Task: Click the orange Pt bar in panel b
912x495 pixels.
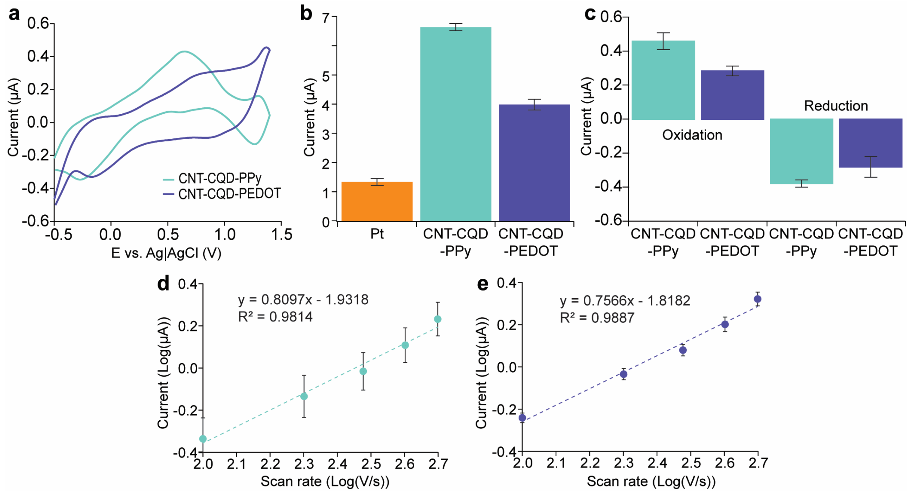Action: coord(377,202)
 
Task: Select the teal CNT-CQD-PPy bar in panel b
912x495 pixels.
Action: coord(455,124)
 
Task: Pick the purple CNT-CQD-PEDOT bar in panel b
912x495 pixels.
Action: coord(534,163)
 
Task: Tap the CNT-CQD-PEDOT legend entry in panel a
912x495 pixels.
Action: coord(229,194)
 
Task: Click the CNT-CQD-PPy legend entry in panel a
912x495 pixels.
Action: coord(219,178)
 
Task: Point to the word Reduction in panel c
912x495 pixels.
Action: coord(836,106)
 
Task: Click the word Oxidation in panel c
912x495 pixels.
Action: coord(692,135)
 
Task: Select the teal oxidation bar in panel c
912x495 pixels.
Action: coord(663,80)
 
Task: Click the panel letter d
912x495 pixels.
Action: coord(163,284)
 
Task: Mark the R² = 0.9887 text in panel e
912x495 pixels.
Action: coord(597,318)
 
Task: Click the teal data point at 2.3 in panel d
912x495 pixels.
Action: coord(304,396)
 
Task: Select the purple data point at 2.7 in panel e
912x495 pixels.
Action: coord(757,299)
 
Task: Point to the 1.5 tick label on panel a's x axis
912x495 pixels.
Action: coord(281,235)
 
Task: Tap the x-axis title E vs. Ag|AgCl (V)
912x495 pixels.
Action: coord(166,253)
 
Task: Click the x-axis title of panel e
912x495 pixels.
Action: coord(651,481)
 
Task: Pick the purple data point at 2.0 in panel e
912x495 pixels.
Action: coord(522,418)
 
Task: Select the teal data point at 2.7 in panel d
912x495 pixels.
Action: coord(438,319)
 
